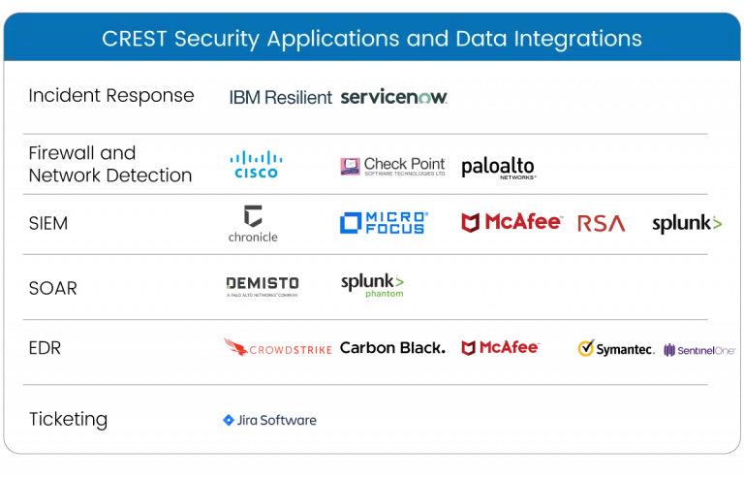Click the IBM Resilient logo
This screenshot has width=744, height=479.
(280, 97)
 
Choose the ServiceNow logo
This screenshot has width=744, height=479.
(394, 97)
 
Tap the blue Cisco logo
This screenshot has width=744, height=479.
(256, 164)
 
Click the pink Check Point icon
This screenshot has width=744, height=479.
(350, 166)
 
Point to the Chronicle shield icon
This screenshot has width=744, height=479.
(254, 215)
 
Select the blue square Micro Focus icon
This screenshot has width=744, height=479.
(350, 223)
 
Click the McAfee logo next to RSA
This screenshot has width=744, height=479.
(511, 222)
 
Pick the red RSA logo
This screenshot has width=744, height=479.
(602, 224)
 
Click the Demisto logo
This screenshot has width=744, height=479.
(262, 284)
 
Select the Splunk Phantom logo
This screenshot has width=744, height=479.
(372, 284)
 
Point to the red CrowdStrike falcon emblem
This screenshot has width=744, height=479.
(233, 344)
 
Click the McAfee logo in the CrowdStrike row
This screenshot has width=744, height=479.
(500, 347)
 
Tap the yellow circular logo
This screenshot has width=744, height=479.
(586, 347)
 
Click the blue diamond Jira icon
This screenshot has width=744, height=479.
(229, 420)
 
